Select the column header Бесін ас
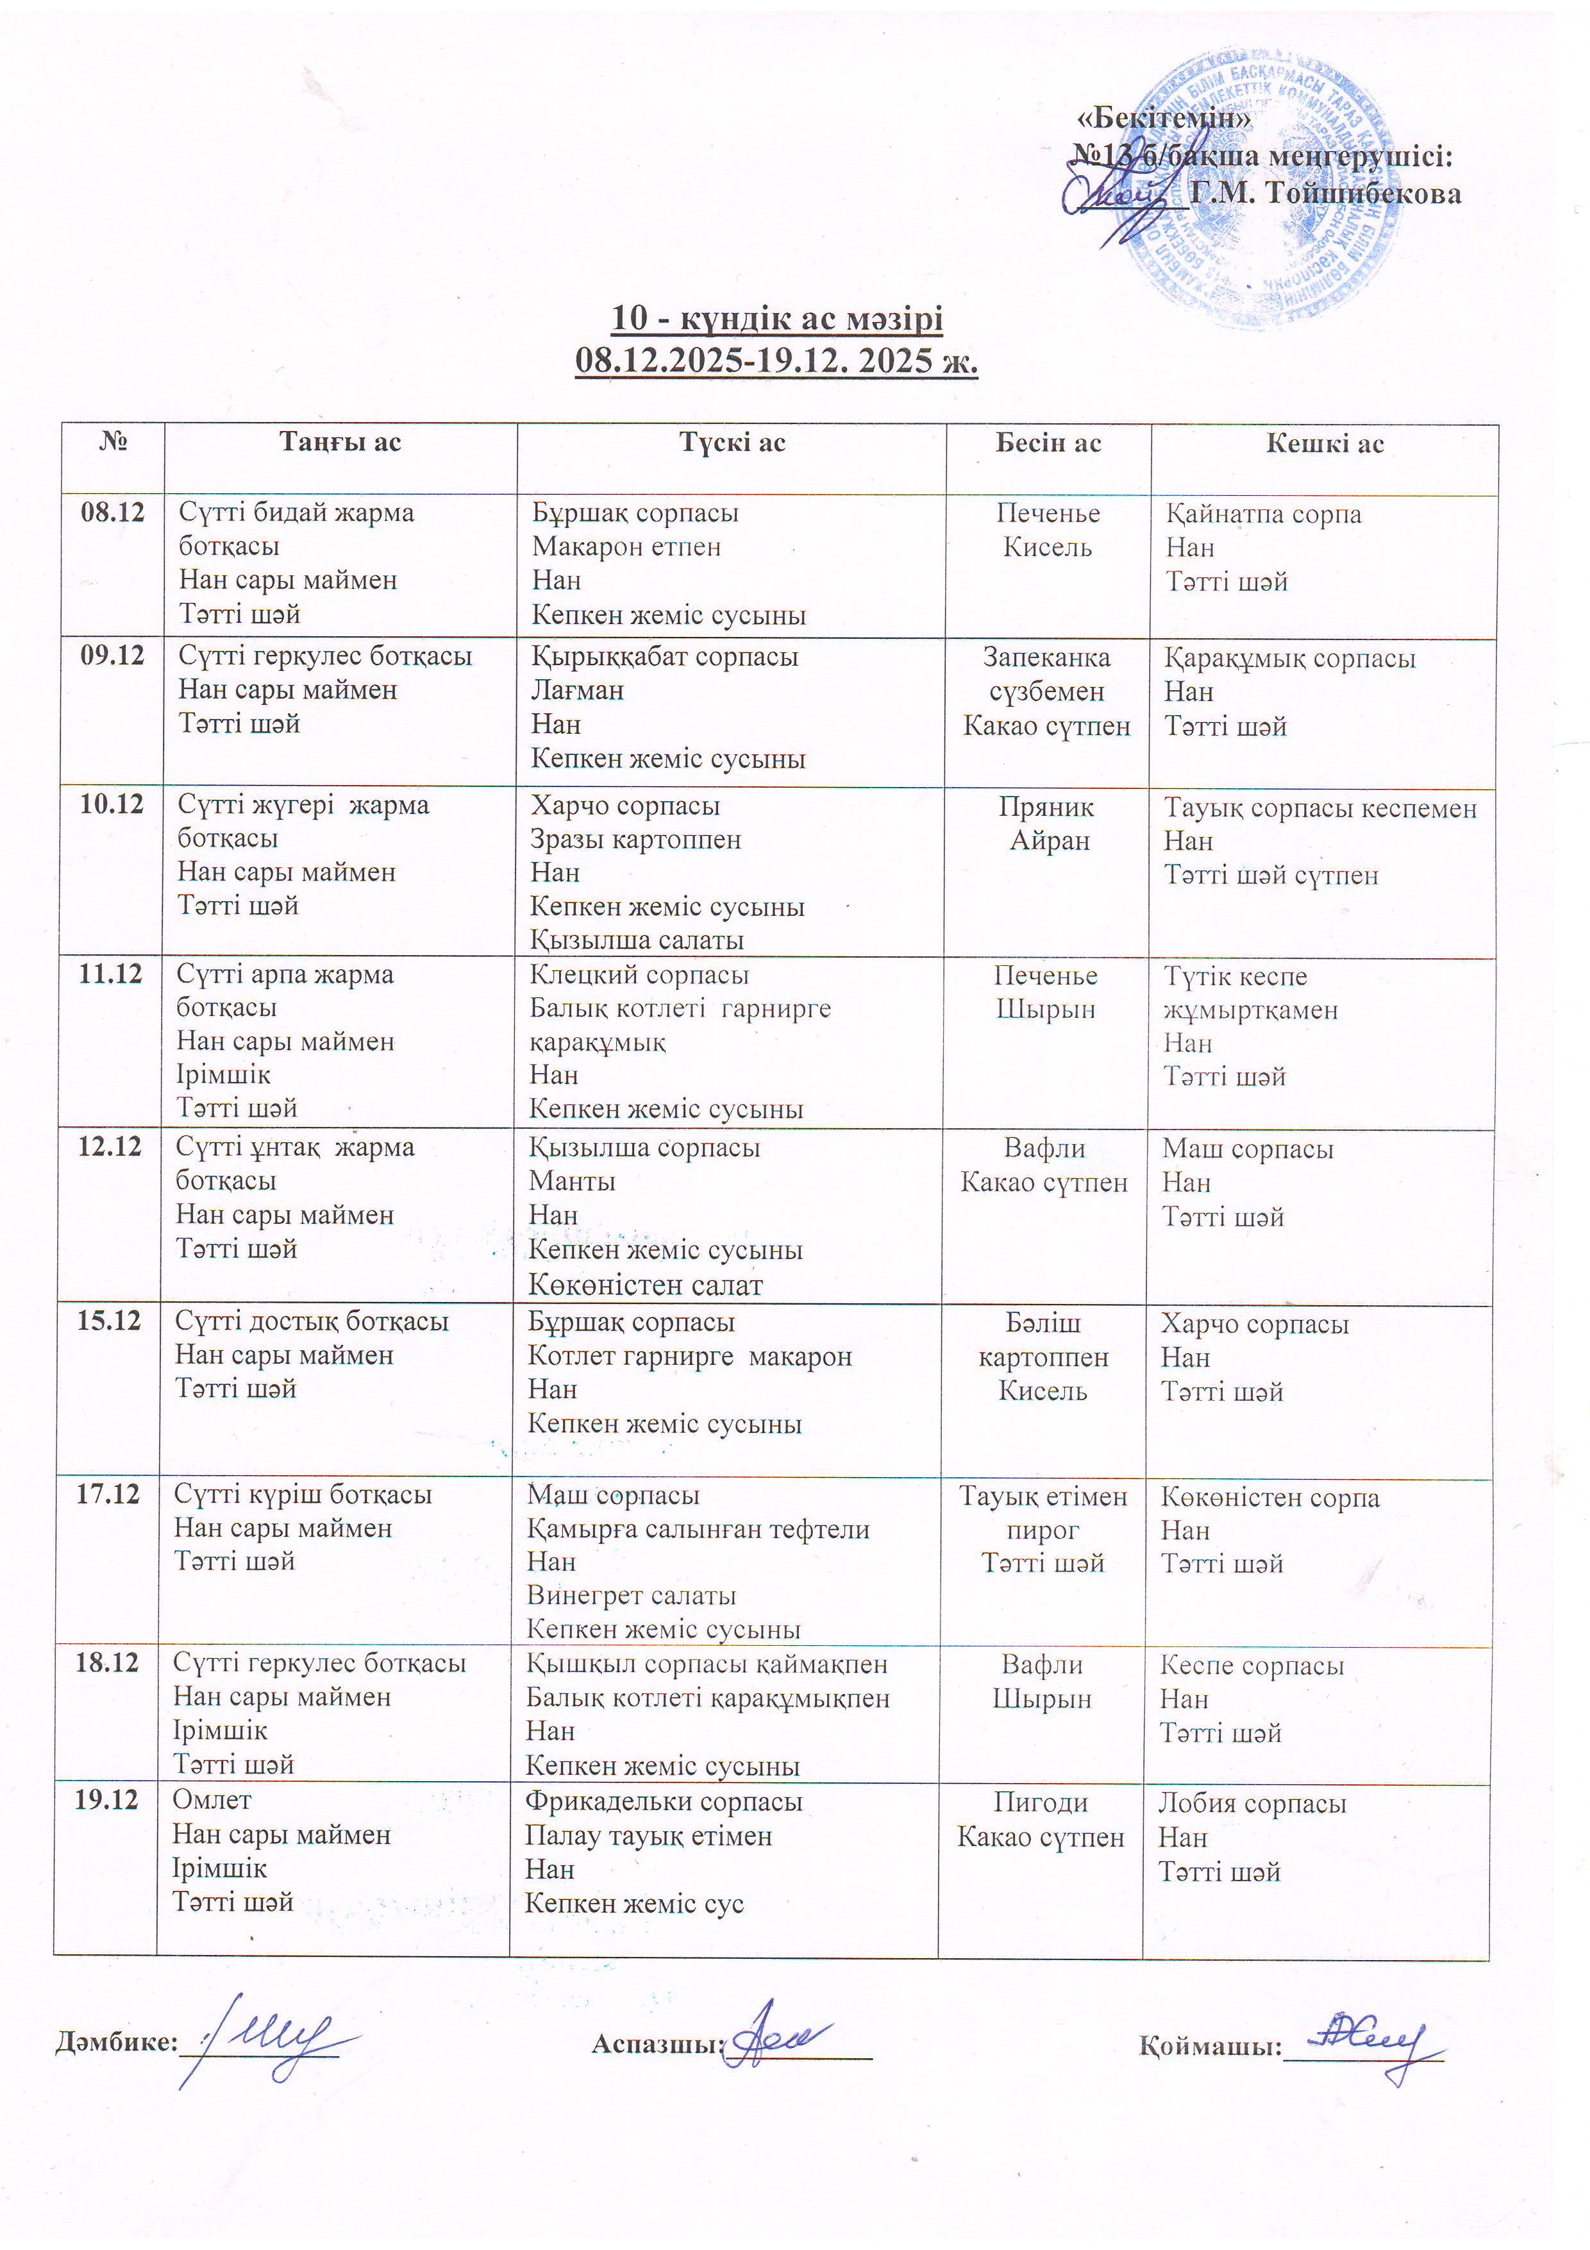[x=1048, y=443]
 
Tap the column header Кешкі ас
[x=1325, y=444]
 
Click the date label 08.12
[x=113, y=512]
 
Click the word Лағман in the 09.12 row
[x=577, y=690]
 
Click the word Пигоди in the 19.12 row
[x=1041, y=1802]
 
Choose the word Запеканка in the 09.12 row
[x=1046, y=657]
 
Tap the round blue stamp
[x=1264, y=191]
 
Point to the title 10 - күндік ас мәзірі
[x=777, y=319]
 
